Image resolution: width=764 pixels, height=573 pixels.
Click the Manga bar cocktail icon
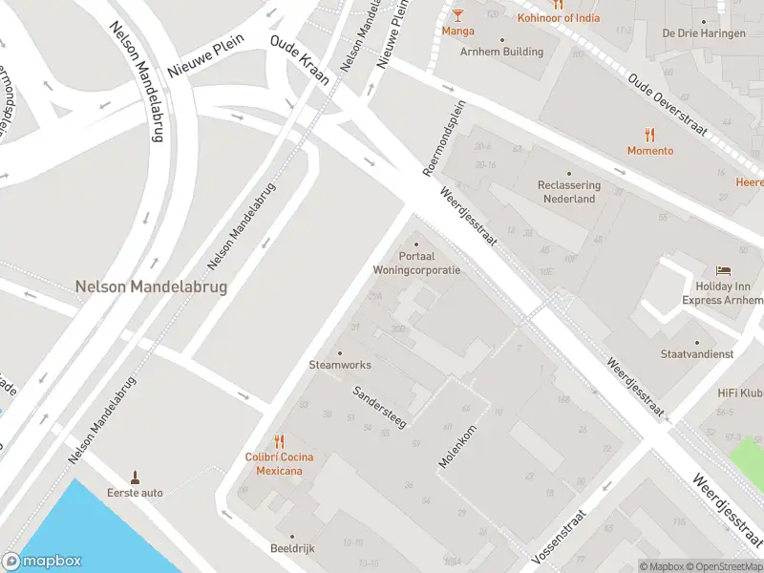458,14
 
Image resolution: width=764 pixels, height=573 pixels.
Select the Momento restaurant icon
650,135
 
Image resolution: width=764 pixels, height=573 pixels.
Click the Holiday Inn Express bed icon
723,271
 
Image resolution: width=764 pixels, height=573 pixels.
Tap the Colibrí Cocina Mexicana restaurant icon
279,441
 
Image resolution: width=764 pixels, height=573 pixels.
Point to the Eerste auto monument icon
135,477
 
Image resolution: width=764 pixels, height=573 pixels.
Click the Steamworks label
340,365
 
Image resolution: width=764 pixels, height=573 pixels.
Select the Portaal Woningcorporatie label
416,264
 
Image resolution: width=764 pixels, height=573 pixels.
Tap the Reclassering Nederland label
569,191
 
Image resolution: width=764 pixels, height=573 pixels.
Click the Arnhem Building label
501,52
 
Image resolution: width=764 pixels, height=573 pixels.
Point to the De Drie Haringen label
704,32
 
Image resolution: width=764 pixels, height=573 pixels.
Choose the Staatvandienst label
697,353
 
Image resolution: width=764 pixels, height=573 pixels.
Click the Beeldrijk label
292,548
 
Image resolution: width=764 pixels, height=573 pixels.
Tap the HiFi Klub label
740,393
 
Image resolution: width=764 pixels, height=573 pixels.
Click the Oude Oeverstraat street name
668,106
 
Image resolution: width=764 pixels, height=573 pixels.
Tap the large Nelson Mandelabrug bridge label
151,286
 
